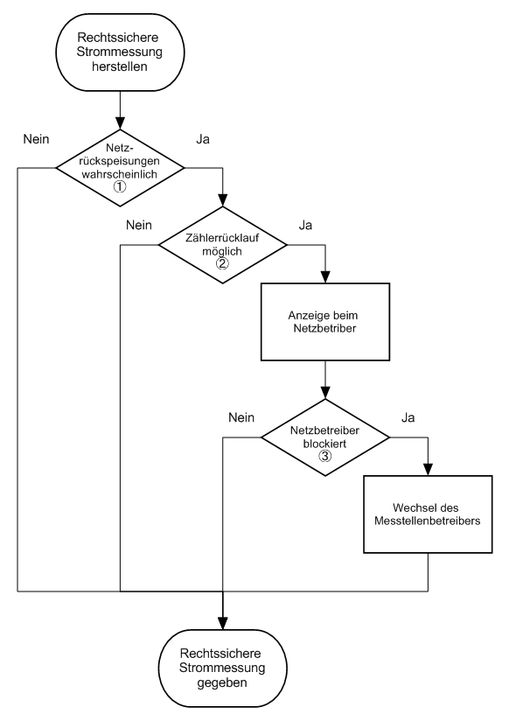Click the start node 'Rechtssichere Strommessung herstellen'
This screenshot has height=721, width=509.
coord(120,52)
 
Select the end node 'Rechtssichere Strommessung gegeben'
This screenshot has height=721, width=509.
coord(222,668)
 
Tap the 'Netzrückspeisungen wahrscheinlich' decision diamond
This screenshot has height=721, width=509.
coord(120,168)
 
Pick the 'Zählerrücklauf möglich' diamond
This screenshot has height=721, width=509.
coord(222,245)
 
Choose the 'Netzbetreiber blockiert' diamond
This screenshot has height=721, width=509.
coord(325,437)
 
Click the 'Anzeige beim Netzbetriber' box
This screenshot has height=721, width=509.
coord(325,322)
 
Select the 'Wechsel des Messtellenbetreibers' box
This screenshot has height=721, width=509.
coord(428,514)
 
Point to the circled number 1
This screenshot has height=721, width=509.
coord(120,186)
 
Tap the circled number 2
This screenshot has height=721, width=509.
coord(222,263)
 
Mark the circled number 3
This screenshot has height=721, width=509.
coord(324,456)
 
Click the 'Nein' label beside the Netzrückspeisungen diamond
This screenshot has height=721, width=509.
coord(37,139)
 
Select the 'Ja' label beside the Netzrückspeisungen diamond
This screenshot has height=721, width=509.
coord(203,139)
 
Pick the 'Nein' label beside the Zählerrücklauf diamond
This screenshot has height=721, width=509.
coord(139,225)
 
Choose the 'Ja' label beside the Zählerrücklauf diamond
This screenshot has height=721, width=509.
coord(305,225)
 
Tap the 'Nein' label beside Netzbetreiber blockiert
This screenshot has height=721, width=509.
coord(241,417)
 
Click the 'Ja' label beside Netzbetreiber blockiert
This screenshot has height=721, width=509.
coord(408,417)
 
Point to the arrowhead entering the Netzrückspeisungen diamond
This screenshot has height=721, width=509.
coord(120,123)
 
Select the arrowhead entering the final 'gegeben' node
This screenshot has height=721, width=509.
coord(222,624)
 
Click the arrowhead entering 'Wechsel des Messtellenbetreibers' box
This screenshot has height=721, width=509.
coord(428,470)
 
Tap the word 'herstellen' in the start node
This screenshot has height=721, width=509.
coord(120,66)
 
